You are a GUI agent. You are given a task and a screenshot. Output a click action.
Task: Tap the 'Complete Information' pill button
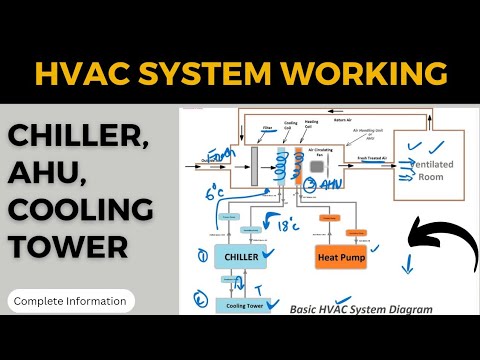coord(70,300)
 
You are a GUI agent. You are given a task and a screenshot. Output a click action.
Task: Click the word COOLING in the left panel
coord(80,211)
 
